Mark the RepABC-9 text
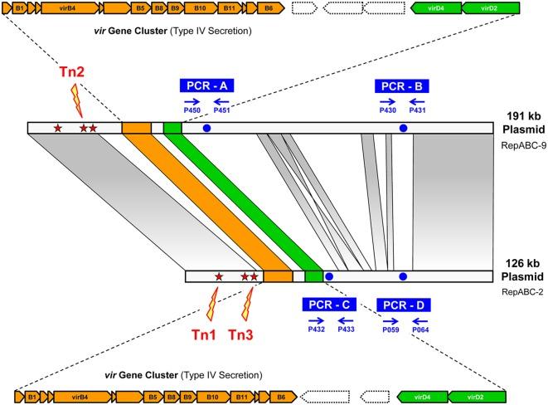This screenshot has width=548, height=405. click(x=520, y=144)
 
